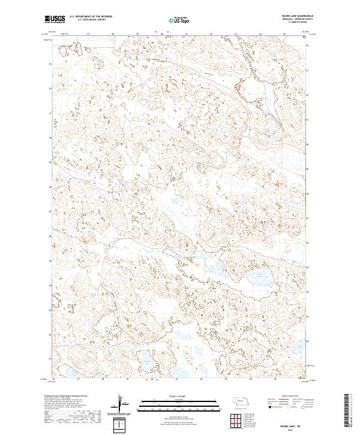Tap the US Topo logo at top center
(x=178, y=20)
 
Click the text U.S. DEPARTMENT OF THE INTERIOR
(x=91, y=16)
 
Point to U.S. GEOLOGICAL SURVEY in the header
(x=91, y=20)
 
